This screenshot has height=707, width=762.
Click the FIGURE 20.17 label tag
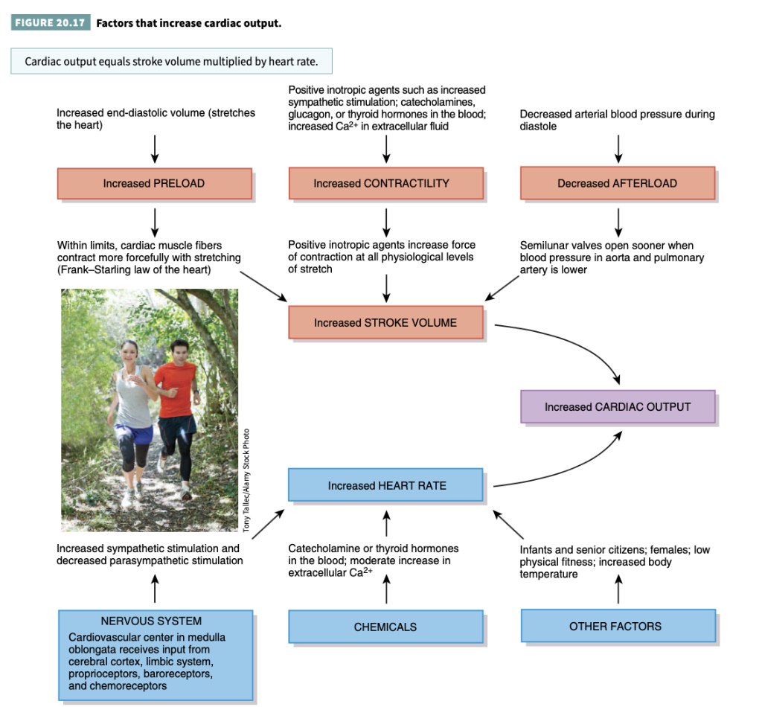[x=50, y=23]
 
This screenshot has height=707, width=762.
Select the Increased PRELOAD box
[x=154, y=183]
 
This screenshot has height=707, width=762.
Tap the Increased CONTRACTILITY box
[x=385, y=183]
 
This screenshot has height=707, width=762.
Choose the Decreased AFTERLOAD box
[x=617, y=183]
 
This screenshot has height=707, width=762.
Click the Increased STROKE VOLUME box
[x=385, y=323]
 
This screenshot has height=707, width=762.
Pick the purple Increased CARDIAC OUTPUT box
[x=617, y=407]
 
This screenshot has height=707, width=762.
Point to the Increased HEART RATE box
[x=385, y=485]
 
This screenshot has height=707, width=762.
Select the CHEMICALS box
[x=385, y=627]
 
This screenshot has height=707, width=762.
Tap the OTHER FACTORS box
[x=617, y=626]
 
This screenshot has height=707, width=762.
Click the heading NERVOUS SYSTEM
[x=151, y=621]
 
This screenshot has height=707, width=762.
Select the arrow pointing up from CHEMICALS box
[x=386, y=592]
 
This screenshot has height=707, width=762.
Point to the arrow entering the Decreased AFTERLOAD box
[x=618, y=148]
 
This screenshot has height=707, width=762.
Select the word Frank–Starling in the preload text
[x=89, y=269]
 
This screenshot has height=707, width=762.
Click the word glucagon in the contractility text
[x=309, y=115]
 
